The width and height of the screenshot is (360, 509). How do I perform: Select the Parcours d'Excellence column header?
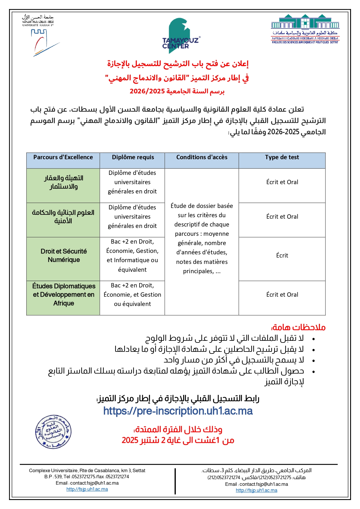[63, 157]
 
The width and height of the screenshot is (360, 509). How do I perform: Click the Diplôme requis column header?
[133, 157]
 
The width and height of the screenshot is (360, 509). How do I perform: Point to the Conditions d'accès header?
[202, 157]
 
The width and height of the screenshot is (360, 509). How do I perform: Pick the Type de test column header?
[282, 157]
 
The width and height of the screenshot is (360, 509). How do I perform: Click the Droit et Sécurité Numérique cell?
[64, 256]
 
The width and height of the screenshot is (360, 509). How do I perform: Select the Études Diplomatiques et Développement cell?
[64, 295]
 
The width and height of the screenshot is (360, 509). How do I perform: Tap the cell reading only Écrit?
[282, 256]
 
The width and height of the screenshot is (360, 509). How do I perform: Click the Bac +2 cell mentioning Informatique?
[132, 256]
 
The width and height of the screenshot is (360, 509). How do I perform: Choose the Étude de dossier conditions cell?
[202, 238]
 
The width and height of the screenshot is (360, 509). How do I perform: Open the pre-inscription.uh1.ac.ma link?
[178, 411]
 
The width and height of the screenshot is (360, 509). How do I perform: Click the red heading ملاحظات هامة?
[298, 327]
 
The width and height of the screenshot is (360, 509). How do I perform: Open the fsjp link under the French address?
[87, 489]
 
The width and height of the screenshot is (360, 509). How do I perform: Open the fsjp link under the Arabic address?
[256, 490]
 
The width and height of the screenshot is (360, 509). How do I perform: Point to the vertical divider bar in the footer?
[175, 481]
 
